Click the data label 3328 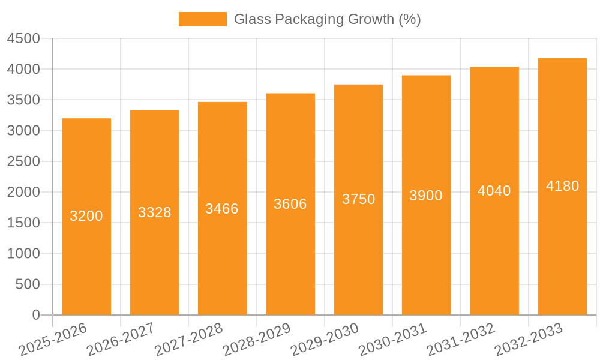coord(155,212)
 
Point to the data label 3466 coord(222,209)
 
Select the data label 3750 coord(359,199)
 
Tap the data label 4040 coord(494,191)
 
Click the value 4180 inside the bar coord(562,186)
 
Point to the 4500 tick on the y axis coord(23,39)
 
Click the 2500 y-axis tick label coord(23,161)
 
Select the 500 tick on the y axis coord(28,284)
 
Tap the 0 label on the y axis coord(36,315)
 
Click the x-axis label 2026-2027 coord(121,339)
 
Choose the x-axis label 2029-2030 coord(325,339)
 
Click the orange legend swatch coord(202,19)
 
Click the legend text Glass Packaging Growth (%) coord(327,19)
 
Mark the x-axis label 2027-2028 coord(188,339)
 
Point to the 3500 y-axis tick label coord(23,100)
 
